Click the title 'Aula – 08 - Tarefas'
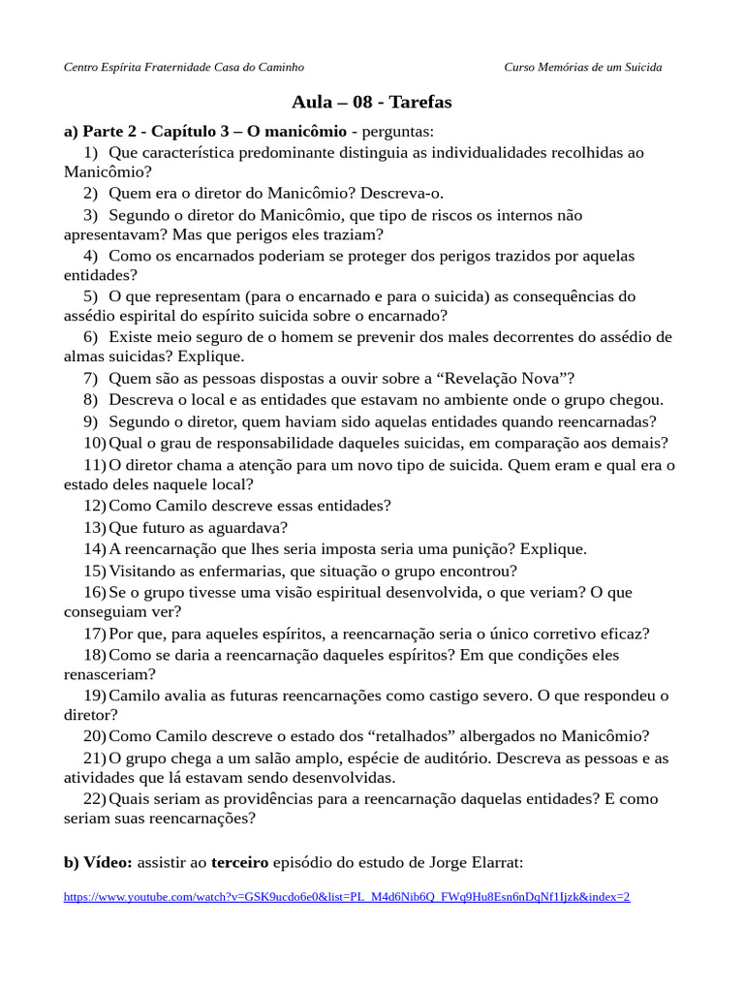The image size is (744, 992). tap(371, 102)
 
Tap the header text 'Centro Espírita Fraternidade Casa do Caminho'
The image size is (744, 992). tap(183, 67)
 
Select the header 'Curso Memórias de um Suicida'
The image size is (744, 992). tap(583, 67)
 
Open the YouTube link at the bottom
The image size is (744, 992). tap(346, 897)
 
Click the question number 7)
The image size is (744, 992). tap(90, 379)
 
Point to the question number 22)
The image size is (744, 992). tap(94, 799)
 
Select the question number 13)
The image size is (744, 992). tap(94, 528)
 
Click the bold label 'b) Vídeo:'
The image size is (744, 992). tap(99, 862)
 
